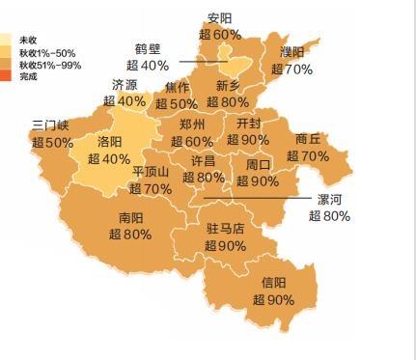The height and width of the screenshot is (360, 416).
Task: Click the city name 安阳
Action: (220, 18)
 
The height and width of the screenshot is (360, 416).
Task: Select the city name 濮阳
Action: (292, 52)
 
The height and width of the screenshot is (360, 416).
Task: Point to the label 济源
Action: (125, 85)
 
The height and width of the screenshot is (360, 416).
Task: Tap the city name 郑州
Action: (192, 125)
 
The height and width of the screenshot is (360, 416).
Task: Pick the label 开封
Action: (247, 124)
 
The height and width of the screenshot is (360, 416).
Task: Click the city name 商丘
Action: (308, 139)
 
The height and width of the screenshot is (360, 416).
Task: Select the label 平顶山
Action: (151, 173)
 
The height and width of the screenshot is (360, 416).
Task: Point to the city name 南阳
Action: (131, 217)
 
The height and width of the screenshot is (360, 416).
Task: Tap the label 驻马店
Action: (226, 230)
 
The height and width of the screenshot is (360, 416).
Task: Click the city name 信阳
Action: (274, 283)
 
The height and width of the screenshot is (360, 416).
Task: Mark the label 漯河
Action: (329, 199)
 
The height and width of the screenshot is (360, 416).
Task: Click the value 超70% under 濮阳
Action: (291, 69)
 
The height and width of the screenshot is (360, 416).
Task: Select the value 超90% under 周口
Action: (258, 181)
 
